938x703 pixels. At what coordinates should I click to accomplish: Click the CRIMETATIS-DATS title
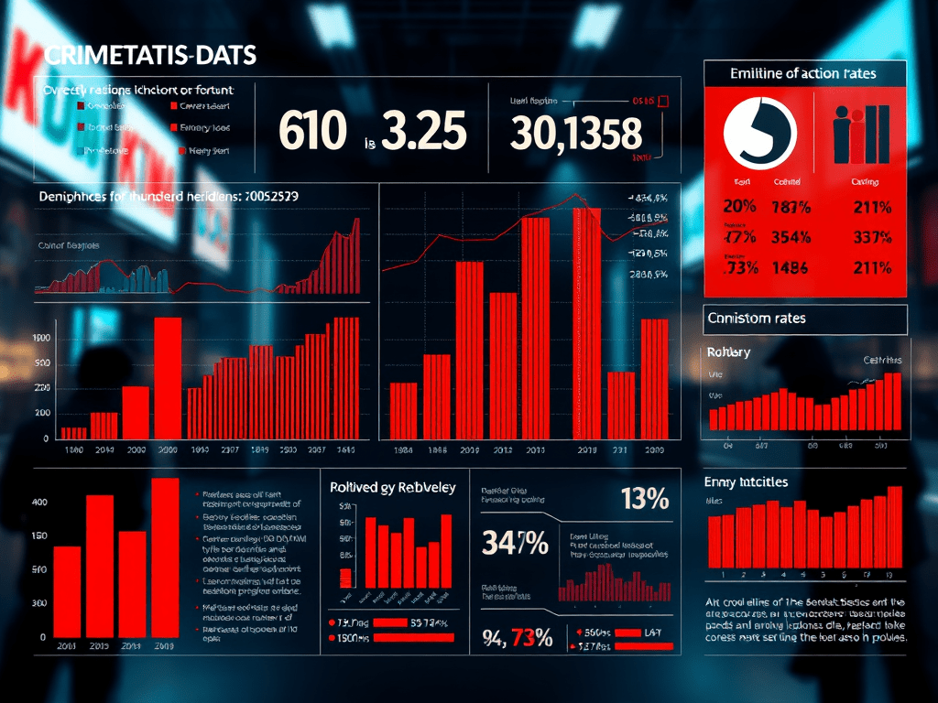pyautogui.click(x=150, y=55)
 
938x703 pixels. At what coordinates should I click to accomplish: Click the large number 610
pyautogui.click(x=311, y=131)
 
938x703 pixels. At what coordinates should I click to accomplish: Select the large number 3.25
pyautogui.click(x=423, y=131)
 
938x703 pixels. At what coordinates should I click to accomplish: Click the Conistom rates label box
pyautogui.click(x=805, y=319)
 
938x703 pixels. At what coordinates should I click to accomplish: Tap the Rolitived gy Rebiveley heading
pyautogui.click(x=392, y=487)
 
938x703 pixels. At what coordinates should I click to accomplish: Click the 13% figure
pyautogui.click(x=644, y=500)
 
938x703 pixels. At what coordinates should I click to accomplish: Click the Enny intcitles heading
pyautogui.click(x=746, y=481)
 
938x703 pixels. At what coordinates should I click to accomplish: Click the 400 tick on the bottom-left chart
pyautogui.click(x=39, y=503)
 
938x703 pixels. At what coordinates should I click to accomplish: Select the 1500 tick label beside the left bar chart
pyautogui.click(x=43, y=339)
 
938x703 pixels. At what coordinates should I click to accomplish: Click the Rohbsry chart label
pyautogui.click(x=729, y=352)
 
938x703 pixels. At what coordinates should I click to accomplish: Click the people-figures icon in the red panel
pyautogui.click(x=861, y=134)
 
